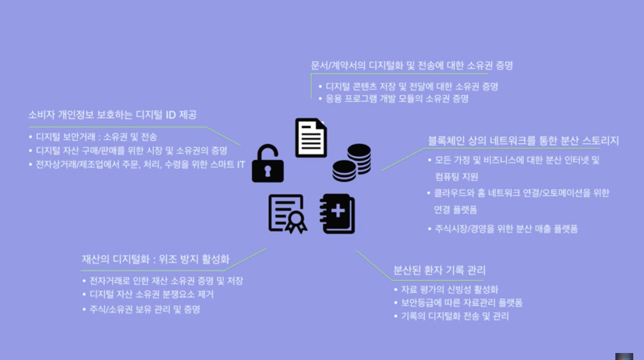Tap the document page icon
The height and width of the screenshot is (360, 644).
coord(310,137)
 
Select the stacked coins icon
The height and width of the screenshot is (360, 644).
coord(352,162)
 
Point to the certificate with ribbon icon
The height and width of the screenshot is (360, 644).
coord(287,214)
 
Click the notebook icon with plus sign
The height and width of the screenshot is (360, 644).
coord(337,214)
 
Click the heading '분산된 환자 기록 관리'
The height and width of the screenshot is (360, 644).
coord(439,271)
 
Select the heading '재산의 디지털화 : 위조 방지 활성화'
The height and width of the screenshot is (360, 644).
coord(155,259)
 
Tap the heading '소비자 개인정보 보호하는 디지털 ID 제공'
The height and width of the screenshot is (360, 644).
coord(112,115)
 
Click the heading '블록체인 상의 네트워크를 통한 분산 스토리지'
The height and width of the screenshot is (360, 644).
coord(523,140)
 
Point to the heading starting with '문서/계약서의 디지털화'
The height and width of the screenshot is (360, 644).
coord(412,65)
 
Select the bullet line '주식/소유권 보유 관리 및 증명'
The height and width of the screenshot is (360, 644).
coord(144,309)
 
